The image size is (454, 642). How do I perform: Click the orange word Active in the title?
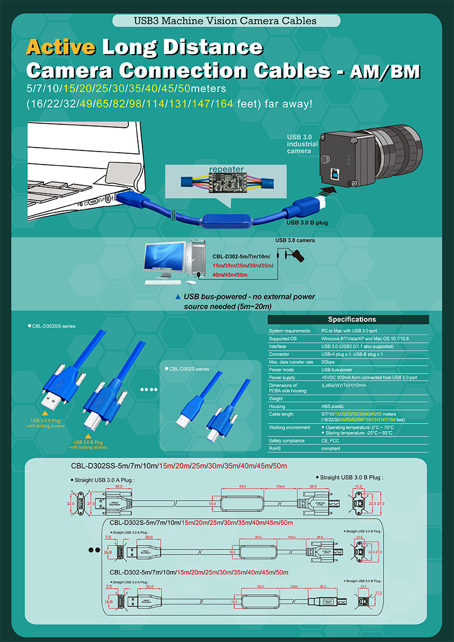click(x=61, y=47)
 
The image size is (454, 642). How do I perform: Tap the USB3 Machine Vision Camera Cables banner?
click(x=226, y=21)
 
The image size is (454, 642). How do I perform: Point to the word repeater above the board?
click(x=226, y=169)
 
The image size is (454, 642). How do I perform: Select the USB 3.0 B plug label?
click(x=307, y=223)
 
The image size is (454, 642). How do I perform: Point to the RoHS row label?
click(x=276, y=448)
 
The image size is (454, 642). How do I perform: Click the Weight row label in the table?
click(x=276, y=398)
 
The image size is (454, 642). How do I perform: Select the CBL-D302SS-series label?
click(x=53, y=326)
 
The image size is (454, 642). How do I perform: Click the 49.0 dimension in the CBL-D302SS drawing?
click(x=242, y=486)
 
